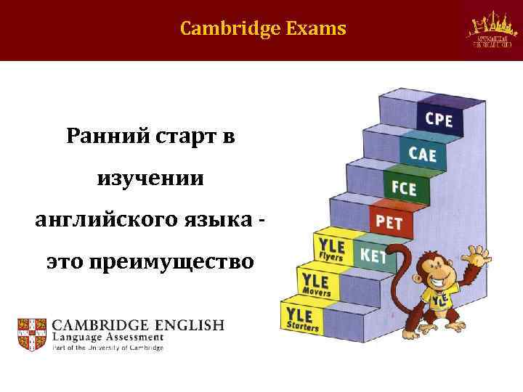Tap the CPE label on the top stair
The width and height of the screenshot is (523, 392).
[x=437, y=118]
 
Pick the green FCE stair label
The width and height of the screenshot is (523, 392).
[x=404, y=188]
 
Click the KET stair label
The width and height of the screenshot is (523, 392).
[x=373, y=256]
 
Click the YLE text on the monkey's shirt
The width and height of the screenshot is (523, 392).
[x=438, y=300]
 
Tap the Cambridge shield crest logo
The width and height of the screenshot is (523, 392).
[x=31, y=332]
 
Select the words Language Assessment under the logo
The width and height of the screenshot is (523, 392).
[x=107, y=338]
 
